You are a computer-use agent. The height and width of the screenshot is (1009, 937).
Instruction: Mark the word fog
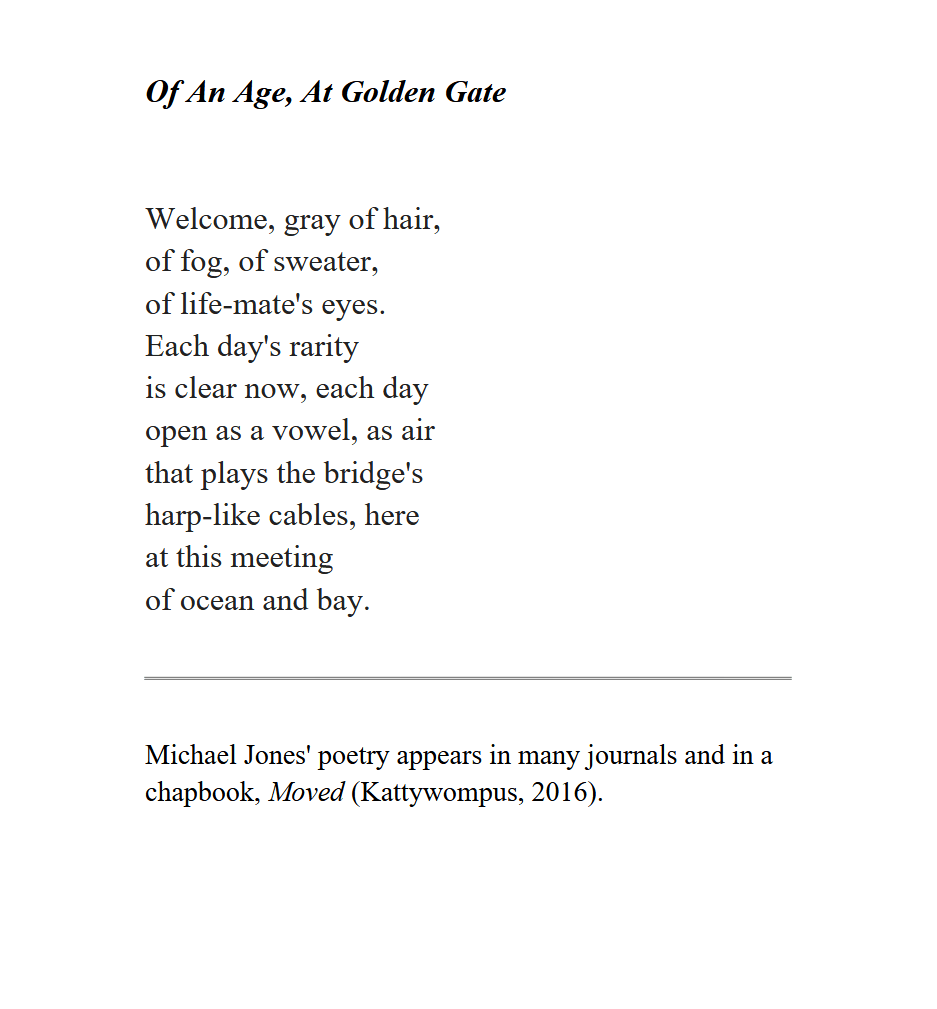[202, 263]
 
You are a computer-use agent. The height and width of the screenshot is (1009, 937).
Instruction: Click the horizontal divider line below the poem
[468, 678]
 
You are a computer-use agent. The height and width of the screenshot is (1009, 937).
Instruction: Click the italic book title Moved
[307, 793]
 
